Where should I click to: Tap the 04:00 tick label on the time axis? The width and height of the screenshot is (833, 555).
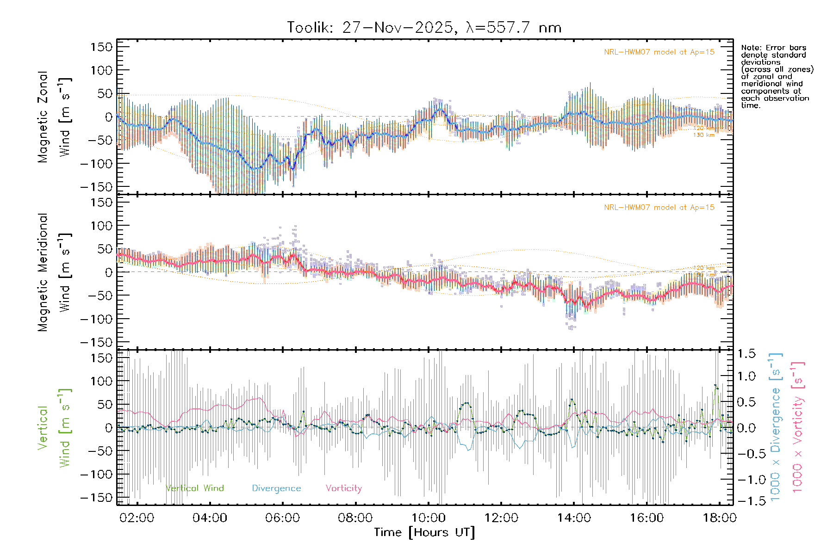(210, 518)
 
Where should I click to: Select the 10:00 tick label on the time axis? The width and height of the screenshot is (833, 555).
(429, 518)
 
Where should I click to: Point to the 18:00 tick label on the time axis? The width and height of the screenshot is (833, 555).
(719, 518)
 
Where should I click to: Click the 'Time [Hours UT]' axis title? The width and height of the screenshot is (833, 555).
(424, 532)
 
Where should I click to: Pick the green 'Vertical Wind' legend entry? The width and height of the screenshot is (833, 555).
(194, 488)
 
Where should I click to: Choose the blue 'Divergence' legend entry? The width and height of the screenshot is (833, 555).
(276, 488)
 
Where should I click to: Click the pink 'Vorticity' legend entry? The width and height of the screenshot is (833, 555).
(343, 488)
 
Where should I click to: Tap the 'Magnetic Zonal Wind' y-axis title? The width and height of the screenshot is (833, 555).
(54, 117)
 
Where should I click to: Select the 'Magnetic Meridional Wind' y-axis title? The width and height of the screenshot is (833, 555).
(54, 272)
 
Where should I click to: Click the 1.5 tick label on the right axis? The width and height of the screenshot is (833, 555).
(746, 354)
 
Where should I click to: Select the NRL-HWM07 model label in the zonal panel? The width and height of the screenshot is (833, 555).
(659, 52)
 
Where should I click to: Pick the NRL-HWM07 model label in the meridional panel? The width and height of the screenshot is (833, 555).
(659, 208)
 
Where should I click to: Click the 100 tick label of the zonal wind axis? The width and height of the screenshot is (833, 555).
(102, 70)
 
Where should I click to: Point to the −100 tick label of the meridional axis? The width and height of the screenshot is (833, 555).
(97, 319)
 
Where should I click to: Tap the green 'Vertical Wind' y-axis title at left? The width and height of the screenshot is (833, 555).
(54, 428)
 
